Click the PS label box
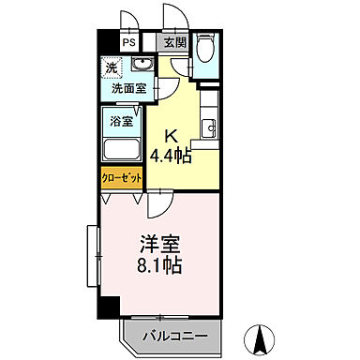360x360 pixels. click(x=128, y=42)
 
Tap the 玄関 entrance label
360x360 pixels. click(x=174, y=42)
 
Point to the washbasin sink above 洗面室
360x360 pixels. click(x=142, y=65)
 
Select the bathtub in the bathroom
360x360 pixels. click(x=120, y=148)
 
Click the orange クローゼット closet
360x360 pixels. click(x=121, y=177)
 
